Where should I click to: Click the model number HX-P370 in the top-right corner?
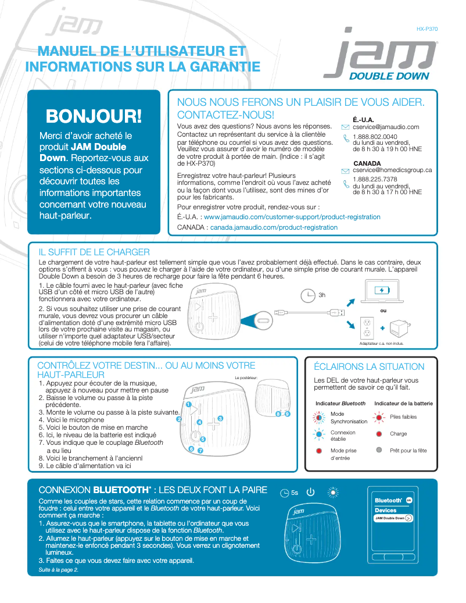(x=427, y=28)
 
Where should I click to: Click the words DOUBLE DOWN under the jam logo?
(x=389, y=76)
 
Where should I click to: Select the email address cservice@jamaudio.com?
(x=386, y=127)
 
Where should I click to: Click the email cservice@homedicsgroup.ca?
(x=392, y=170)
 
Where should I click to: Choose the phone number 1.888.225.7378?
(x=375, y=180)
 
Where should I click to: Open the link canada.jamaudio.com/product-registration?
(x=274, y=227)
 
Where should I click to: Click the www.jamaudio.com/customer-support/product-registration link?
(x=292, y=217)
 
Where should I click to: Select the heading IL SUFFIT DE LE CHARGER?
(x=94, y=252)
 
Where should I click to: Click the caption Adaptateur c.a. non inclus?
(x=381, y=344)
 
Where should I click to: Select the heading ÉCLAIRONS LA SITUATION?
(x=369, y=367)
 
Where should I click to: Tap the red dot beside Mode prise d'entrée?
(x=318, y=451)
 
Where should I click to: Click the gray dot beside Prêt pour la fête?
(x=379, y=450)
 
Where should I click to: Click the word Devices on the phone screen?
(x=385, y=510)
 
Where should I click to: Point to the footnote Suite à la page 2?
(x=58, y=570)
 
